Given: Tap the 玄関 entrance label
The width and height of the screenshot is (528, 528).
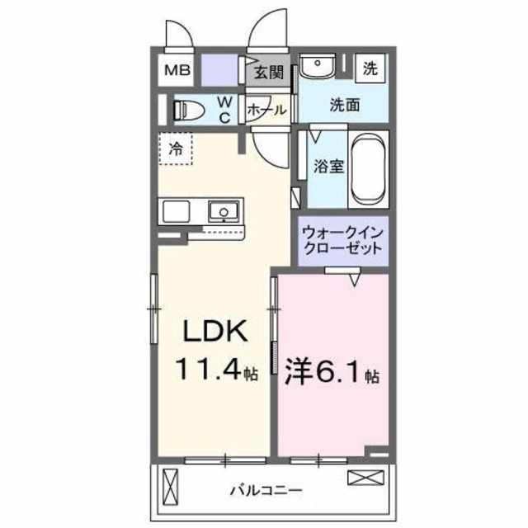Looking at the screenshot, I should tap(266, 72).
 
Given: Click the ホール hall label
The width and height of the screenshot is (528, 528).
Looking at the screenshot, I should tap(266, 109).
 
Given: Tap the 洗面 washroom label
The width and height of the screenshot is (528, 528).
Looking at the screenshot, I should tap(345, 105).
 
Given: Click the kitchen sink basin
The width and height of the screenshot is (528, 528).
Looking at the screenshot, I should tap(224, 212).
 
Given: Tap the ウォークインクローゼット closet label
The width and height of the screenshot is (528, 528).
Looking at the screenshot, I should tap(342, 239).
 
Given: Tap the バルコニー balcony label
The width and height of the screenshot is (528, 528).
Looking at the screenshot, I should tap(265, 490).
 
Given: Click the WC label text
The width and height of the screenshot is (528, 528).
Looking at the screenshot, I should tap(224, 109).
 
